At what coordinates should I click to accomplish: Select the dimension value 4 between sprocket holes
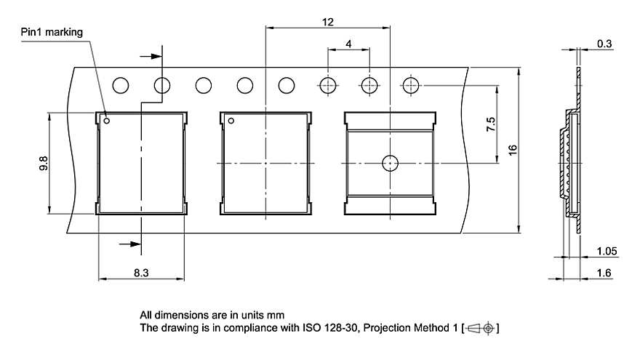(349, 44)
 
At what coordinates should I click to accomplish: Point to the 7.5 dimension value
(491, 124)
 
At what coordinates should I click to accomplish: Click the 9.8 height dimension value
(44, 164)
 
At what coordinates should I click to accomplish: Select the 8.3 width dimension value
(141, 273)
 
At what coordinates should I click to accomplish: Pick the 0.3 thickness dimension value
(604, 44)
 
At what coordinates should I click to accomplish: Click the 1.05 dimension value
(607, 251)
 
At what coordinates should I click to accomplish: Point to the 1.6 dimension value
(604, 273)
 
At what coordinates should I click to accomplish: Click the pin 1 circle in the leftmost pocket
(107, 121)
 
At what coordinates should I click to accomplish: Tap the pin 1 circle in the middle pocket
(231, 121)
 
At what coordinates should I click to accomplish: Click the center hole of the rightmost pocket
(391, 163)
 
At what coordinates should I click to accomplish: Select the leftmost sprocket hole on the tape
(120, 86)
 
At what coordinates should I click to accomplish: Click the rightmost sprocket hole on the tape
(412, 86)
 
